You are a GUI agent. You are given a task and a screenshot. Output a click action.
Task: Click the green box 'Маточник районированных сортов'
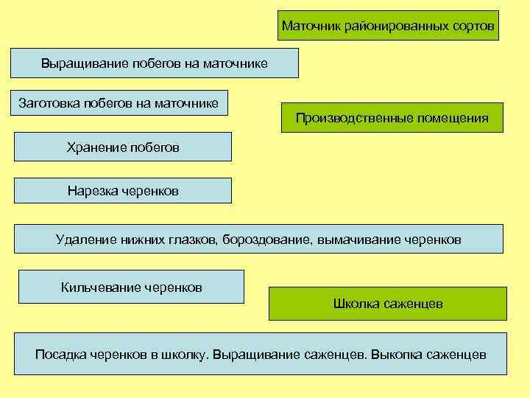tap(388, 26)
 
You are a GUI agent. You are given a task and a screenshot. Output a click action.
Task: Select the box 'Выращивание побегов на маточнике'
tap(154, 63)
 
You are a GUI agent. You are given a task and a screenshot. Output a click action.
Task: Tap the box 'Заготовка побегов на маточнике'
tap(119, 102)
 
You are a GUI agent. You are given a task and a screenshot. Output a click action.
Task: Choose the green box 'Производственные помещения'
tap(392, 117)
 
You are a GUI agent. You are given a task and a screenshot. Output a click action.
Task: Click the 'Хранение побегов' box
tap(123, 147)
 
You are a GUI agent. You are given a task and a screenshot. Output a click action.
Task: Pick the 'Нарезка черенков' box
tap(123, 191)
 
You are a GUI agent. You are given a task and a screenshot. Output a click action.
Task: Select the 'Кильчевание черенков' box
tap(131, 287)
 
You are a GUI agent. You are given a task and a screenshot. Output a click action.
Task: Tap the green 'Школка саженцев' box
tap(387, 304)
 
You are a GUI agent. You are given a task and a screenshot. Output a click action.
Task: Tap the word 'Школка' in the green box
tap(357, 304)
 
